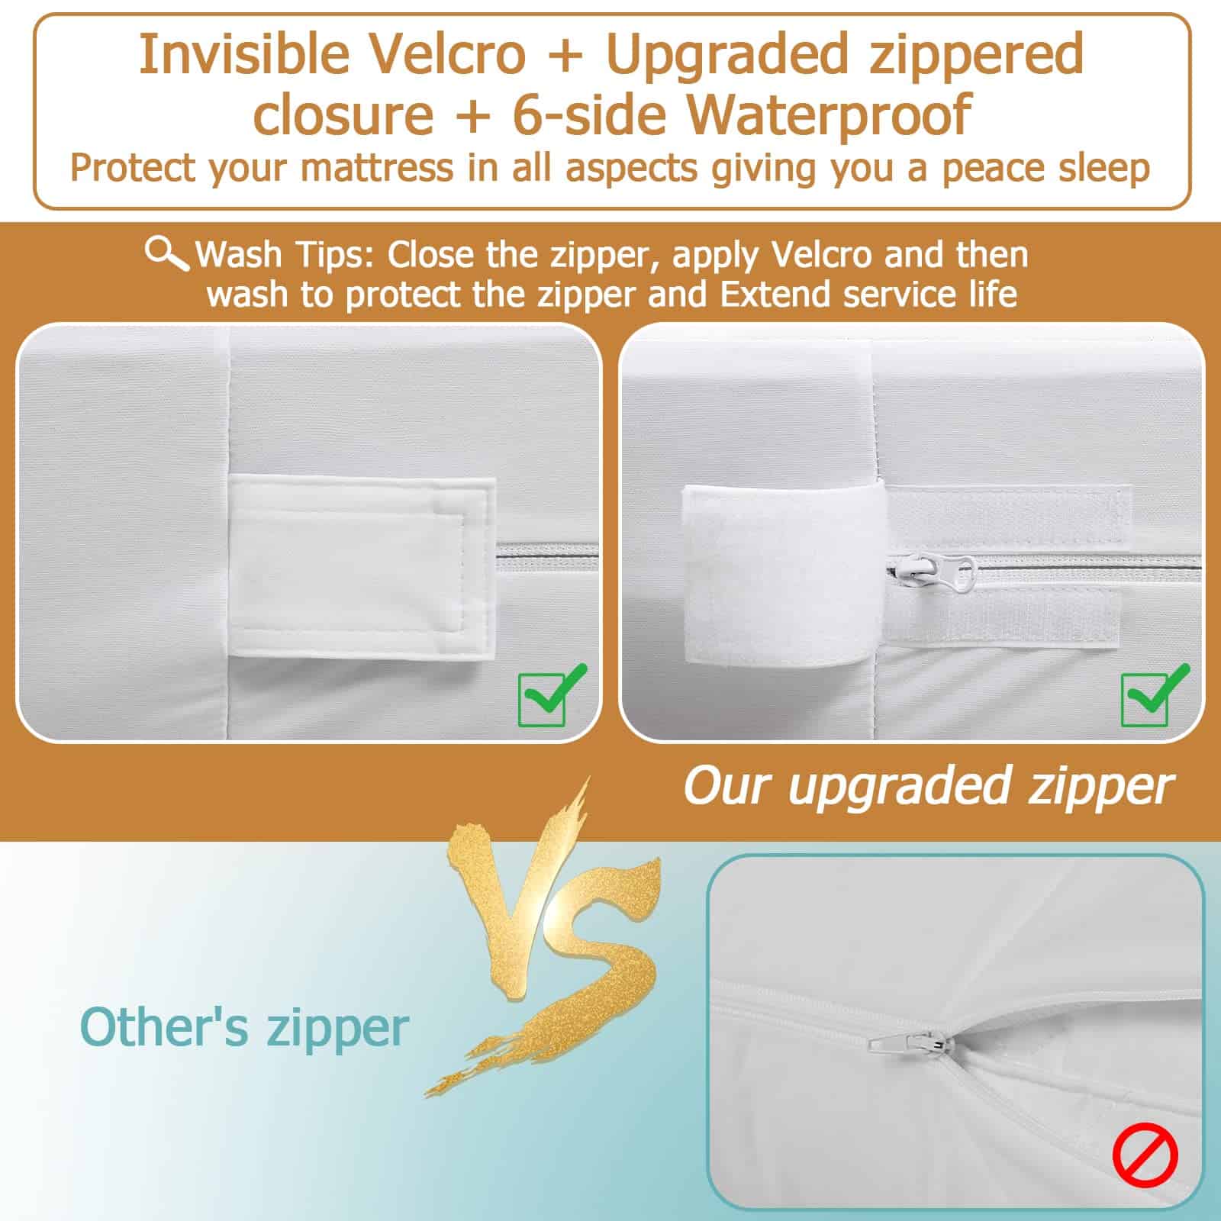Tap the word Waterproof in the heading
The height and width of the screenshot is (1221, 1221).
pos(831,114)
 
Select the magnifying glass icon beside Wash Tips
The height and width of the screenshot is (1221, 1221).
pos(167,253)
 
